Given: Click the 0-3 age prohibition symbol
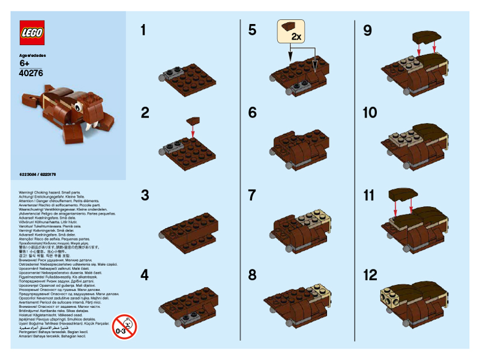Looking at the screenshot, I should coord(124,327).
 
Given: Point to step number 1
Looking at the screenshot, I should coord(143,30).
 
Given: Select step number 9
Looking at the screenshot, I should coord(368,30).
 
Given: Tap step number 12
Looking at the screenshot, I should coord(371,275).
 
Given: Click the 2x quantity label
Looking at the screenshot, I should coord(295,37).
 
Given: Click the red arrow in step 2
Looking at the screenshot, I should coord(193,128).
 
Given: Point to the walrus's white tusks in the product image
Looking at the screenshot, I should coord(91,127).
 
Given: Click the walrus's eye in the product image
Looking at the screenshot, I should coord(77,108).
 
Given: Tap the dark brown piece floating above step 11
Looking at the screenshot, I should coord(401,194).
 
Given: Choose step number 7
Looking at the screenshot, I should coord(252,194).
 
